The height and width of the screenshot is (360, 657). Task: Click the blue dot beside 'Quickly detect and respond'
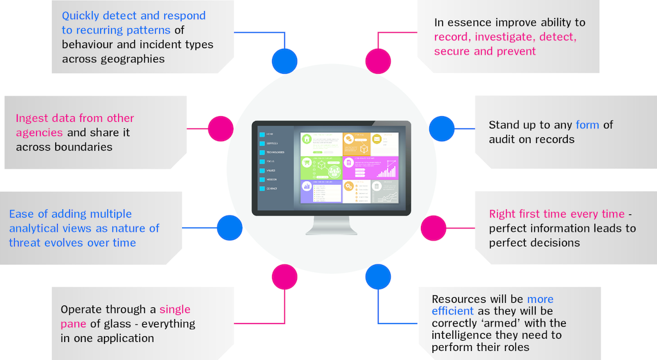pyautogui.click(x=284, y=61)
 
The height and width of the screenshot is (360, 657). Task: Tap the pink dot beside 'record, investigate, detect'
pyautogui.click(x=378, y=61)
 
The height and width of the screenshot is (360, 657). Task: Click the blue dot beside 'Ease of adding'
pyautogui.click(x=229, y=228)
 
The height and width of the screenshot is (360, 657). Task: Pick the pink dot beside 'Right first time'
pyautogui.click(x=433, y=228)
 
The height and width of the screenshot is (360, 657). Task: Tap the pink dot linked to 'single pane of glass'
pyautogui.click(x=284, y=276)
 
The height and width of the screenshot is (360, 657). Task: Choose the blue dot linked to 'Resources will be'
pyautogui.click(x=378, y=276)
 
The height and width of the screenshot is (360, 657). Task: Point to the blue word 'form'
pyautogui.click(x=587, y=124)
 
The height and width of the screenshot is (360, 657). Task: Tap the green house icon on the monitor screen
pyautogui.click(x=307, y=139)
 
